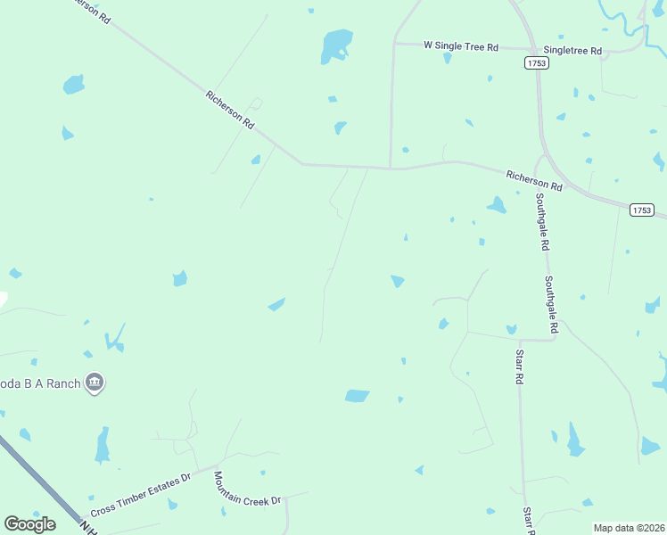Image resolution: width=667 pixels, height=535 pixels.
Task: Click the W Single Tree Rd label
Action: click(460, 45)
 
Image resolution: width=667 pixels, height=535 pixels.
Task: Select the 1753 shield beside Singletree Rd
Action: click(536, 62)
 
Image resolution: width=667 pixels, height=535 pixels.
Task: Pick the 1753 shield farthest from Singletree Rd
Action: click(641, 210)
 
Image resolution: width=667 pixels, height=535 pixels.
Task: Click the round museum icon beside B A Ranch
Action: click(95, 384)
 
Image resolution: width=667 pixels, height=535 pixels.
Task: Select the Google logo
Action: click(29, 524)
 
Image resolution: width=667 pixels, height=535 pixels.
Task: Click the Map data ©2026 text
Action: click(630, 528)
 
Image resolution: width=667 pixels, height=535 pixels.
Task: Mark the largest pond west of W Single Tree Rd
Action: click(337, 44)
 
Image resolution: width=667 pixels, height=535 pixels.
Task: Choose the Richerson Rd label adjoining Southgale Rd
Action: click(534, 181)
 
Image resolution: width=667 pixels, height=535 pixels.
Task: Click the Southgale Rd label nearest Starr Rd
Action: click(552, 304)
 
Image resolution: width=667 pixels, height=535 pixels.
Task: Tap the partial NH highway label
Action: click(89, 525)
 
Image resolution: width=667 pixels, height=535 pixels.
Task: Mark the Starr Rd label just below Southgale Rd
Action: click(518, 366)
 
